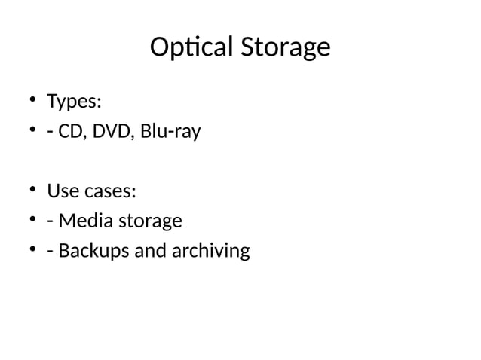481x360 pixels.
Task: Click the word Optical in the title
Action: (192, 48)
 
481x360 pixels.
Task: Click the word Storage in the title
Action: (286, 48)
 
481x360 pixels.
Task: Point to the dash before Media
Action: (51, 222)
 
